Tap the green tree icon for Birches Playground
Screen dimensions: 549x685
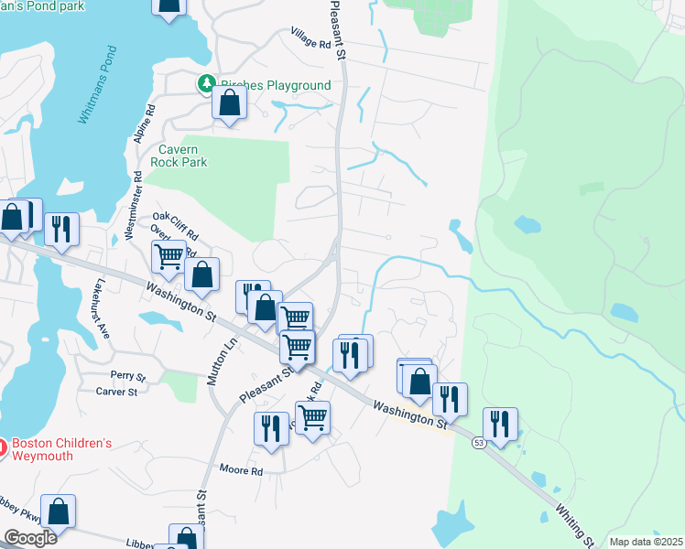coord(208,84)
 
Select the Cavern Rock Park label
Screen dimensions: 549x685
coord(182,156)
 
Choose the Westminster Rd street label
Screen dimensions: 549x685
coord(134,206)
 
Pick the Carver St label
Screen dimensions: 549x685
coord(116,392)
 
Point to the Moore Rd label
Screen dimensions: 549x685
coord(241,471)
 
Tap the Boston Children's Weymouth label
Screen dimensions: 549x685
coord(60,449)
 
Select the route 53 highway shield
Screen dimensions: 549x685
coord(478,444)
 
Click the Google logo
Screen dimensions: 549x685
coord(29,538)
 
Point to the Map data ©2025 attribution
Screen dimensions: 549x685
coord(646,542)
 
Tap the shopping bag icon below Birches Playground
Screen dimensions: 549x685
coord(229,103)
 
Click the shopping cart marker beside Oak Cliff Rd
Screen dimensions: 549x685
coord(169,258)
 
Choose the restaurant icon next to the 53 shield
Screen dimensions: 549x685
coord(500,425)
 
